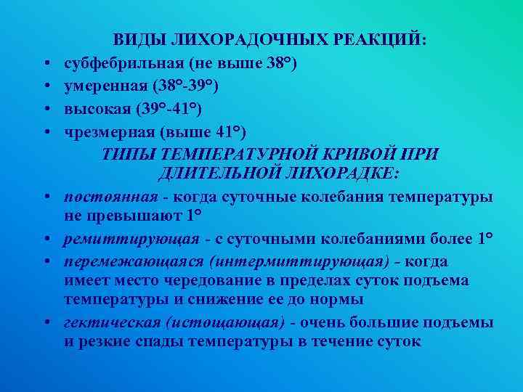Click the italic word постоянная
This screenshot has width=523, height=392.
[x=110, y=197]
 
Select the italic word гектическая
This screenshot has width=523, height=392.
[x=109, y=322]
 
